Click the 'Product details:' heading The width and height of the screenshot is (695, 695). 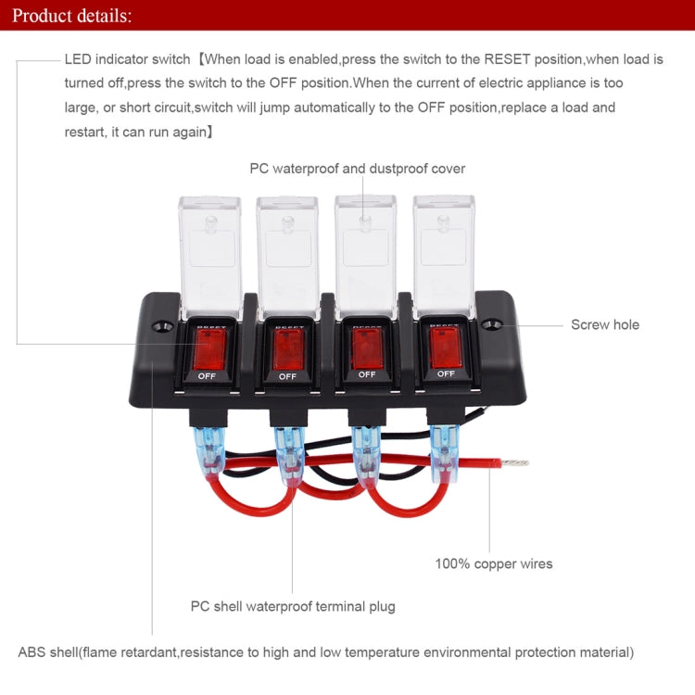72,16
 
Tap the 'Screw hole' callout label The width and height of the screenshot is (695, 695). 604,324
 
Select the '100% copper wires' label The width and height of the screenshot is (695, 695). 494,562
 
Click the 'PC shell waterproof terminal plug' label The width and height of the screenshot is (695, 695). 293,606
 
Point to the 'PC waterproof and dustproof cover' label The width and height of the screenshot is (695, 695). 357,169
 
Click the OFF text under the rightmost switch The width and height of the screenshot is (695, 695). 446,373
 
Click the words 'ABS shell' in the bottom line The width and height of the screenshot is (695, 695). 47,652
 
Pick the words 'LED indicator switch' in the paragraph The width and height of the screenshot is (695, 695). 127,58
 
